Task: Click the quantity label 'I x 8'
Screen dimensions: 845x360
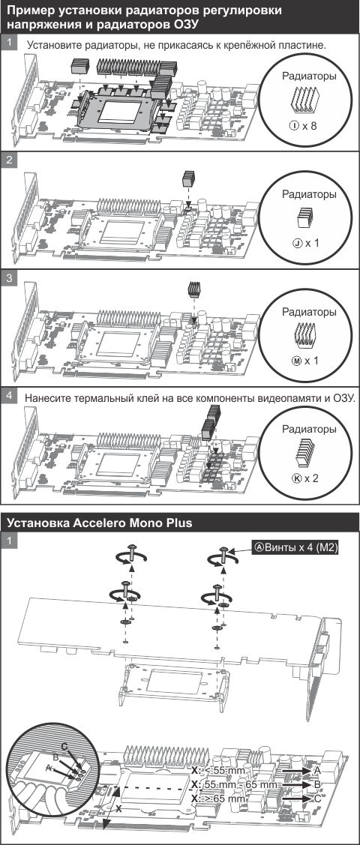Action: tap(303, 126)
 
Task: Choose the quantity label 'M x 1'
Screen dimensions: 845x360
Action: tap(305, 360)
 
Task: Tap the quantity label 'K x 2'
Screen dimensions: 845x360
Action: tap(305, 478)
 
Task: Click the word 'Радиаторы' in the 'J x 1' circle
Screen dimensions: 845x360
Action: tap(309, 194)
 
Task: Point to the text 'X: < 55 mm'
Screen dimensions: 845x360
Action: tap(218, 771)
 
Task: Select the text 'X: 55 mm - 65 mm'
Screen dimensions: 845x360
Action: tap(235, 784)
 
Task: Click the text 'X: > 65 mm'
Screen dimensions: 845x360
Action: tap(218, 799)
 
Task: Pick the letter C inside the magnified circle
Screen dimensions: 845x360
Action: tap(64, 747)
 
